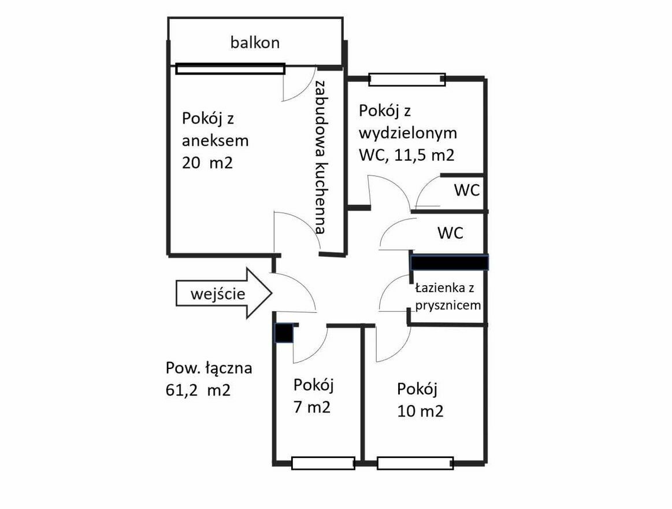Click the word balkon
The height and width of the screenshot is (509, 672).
pos(255,42)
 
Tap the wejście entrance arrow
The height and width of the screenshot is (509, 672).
pos(224,293)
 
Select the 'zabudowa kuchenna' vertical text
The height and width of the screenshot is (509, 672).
pos(321,156)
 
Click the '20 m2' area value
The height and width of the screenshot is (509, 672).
pos(207,163)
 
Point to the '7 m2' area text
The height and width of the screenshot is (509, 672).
pos(312,407)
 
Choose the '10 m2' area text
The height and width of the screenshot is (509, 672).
pos(420,411)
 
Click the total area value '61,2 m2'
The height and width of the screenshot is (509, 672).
pos(198,390)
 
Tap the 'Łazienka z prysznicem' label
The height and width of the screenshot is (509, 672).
pos(448,297)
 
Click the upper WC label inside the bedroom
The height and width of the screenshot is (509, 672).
pos(467,190)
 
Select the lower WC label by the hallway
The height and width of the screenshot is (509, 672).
pos(451,233)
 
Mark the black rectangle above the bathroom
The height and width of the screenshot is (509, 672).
pos(449,262)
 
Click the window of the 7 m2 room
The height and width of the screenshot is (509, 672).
pos(323,463)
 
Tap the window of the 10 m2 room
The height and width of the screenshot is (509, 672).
pos(415,463)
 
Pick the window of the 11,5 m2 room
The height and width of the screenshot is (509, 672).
pos(407,79)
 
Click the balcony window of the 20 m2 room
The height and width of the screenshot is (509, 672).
pos(230,69)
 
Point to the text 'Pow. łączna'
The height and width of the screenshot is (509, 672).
pos(209,368)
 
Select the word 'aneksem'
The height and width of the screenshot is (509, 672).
pos(215,141)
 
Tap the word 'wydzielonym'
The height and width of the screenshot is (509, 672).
pos(408,133)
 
